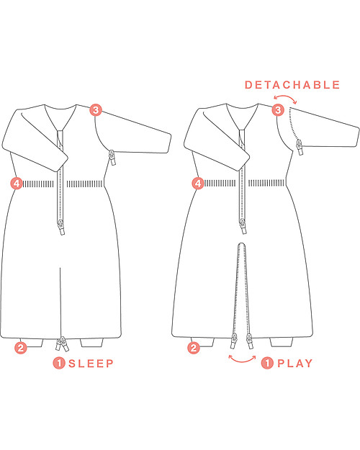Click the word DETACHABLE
(292, 85)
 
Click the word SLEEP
(91, 364)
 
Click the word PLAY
(294, 364)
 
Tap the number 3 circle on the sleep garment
(96, 110)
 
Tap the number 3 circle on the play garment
(278, 110)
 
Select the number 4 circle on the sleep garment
(17, 184)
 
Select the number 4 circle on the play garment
(198, 184)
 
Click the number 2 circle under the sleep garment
(21, 348)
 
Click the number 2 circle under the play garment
(194, 348)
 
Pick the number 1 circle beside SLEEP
(59, 364)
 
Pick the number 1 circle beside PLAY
(267, 364)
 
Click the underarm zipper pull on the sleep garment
(112, 158)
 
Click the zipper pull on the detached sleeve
(300, 147)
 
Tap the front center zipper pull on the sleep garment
(61, 227)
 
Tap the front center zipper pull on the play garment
(243, 227)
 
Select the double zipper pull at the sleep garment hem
(62, 344)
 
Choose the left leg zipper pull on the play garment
(234, 341)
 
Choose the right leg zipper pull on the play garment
(249, 341)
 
